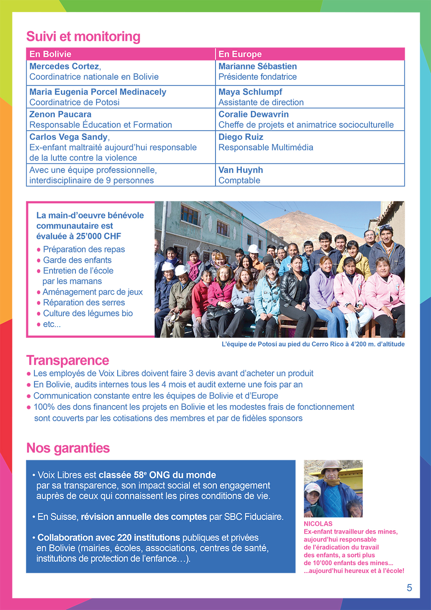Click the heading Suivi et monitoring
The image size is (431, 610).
coord(83,37)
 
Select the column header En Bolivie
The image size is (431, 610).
coord(50,54)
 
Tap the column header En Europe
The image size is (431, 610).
coord(240,54)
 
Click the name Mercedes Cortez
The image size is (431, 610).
coord(64,66)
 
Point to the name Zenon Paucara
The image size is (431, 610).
coord(60,114)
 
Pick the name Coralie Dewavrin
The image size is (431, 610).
coord(253,114)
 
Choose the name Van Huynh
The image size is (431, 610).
coord(240,170)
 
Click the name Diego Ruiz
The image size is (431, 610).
coord(240,137)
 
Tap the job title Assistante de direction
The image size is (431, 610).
coord(261,102)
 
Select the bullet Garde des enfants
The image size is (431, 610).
coord(77,260)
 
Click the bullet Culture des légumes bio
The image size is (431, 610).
coord(88,313)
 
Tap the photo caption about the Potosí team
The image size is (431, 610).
coord(313,344)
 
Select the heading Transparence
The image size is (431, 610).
coord(68,360)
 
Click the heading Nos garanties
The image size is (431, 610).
coord(68,448)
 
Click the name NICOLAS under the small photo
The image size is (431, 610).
coord(318,524)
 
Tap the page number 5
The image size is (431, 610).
coord(409,588)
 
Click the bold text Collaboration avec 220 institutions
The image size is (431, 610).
coord(109,538)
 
